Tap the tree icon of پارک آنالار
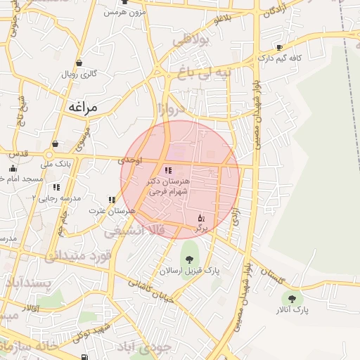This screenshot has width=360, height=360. click(292, 299)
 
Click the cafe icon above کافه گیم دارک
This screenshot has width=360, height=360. click(280, 48)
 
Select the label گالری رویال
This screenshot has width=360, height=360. click(79, 74)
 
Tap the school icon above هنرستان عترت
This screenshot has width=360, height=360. click(112, 200)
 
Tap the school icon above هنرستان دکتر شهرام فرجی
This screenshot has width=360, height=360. click(167, 170)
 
